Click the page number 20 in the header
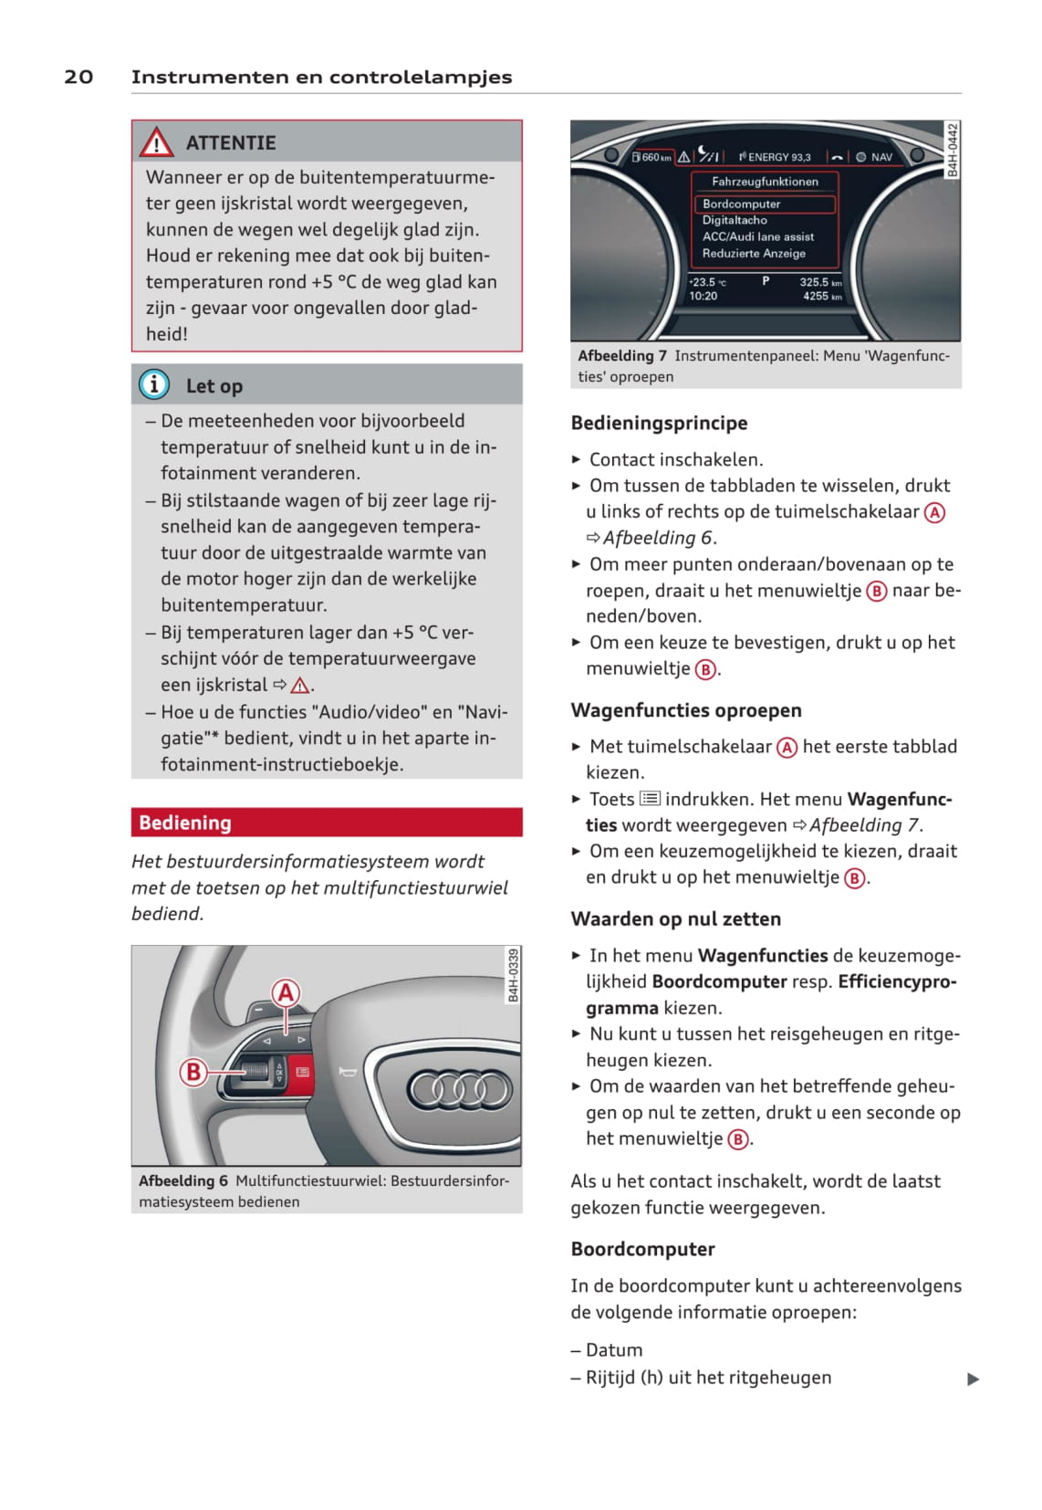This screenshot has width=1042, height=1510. click(x=78, y=77)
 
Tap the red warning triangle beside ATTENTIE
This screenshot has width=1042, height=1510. click(x=156, y=142)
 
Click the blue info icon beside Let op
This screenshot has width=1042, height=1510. click(x=154, y=384)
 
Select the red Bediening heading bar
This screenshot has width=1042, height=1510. click(x=327, y=823)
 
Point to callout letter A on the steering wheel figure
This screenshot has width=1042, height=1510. click(x=286, y=992)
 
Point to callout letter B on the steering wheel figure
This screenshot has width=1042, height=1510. click(x=193, y=1071)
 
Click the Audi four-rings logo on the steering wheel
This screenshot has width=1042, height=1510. click(x=459, y=1088)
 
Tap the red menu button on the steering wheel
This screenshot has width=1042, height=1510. click(x=302, y=1071)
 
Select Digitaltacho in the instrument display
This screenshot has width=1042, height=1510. click(x=735, y=220)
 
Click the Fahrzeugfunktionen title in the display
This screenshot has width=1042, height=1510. click(x=765, y=182)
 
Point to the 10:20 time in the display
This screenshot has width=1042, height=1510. click(x=703, y=296)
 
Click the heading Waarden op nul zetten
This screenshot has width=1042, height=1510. click(x=675, y=919)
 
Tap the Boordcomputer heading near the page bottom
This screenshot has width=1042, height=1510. click(x=642, y=1249)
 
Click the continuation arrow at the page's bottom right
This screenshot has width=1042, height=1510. click(x=973, y=1379)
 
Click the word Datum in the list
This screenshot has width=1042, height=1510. click(x=614, y=1349)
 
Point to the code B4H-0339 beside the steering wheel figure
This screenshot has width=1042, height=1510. click(x=513, y=975)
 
